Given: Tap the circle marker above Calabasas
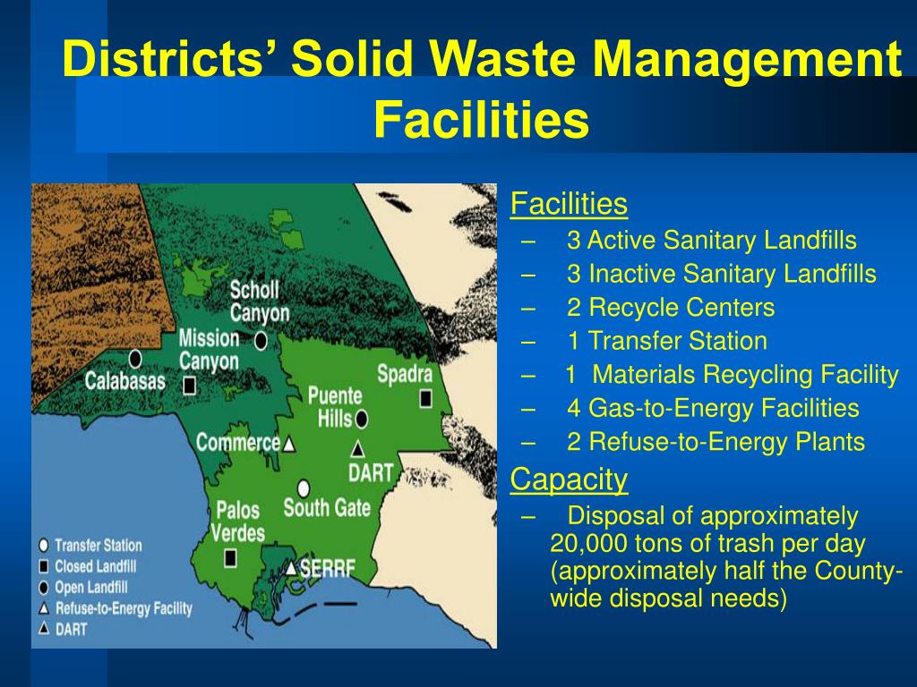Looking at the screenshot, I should pyautogui.click(x=135, y=359).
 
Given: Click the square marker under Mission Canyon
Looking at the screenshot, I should pyautogui.click(x=190, y=386).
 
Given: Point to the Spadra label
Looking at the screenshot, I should pyautogui.click(x=404, y=373).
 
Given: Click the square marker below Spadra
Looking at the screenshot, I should pyautogui.click(x=425, y=397).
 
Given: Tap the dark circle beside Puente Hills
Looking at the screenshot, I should pyautogui.click(x=361, y=418).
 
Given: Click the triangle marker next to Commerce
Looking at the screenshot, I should pyautogui.click(x=289, y=444).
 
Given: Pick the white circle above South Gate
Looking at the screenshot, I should pyautogui.click(x=304, y=488).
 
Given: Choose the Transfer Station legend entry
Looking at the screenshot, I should pyautogui.click(x=97, y=545).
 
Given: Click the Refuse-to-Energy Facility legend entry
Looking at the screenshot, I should pyautogui.click(x=123, y=608).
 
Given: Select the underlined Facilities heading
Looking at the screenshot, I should pyautogui.click(x=569, y=205).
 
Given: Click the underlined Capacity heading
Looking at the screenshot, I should pyautogui.click(x=569, y=480).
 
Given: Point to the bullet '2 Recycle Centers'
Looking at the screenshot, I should pyautogui.click(x=670, y=308).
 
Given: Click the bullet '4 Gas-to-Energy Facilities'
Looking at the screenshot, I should pyautogui.click(x=712, y=409).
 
